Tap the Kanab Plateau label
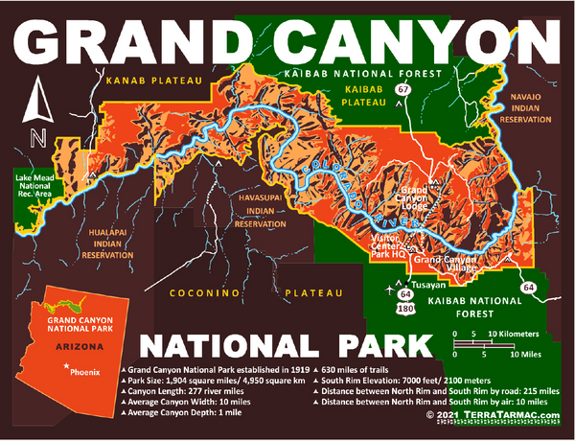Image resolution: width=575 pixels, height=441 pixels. tap(159, 81)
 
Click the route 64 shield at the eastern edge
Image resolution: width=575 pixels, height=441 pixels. tap(528, 286)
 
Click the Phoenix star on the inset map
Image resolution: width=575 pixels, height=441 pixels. tap(66, 368)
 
